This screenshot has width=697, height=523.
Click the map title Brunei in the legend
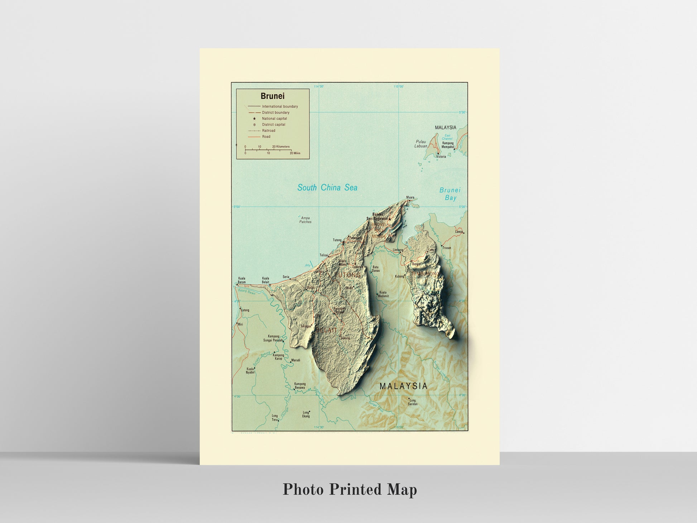click(x=273, y=96)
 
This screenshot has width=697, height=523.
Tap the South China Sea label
click(x=327, y=187)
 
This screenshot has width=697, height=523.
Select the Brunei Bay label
click(x=450, y=194)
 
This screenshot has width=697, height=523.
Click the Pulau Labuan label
click(x=421, y=144)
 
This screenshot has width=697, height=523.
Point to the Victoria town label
click(x=441, y=157)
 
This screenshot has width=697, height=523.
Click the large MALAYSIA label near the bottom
click(x=403, y=386)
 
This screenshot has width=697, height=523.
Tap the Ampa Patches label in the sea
click(x=305, y=220)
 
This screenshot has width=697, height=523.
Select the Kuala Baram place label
click(x=242, y=280)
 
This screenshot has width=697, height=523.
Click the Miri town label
click(x=240, y=325)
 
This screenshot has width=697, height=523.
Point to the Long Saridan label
click(x=413, y=402)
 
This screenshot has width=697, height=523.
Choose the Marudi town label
click(x=295, y=360)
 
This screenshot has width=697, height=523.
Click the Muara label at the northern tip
click(x=410, y=197)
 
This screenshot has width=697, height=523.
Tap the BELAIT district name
click(x=327, y=330)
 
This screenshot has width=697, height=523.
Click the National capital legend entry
click(x=274, y=119)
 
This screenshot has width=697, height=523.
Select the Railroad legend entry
click(x=269, y=131)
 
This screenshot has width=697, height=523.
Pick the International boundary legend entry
click(x=280, y=106)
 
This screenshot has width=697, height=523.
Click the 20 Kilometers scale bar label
click(x=281, y=147)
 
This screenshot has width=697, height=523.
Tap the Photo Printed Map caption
click(x=350, y=490)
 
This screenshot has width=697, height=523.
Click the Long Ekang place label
click(x=306, y=414)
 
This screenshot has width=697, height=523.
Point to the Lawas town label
click(x=459, y=232)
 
